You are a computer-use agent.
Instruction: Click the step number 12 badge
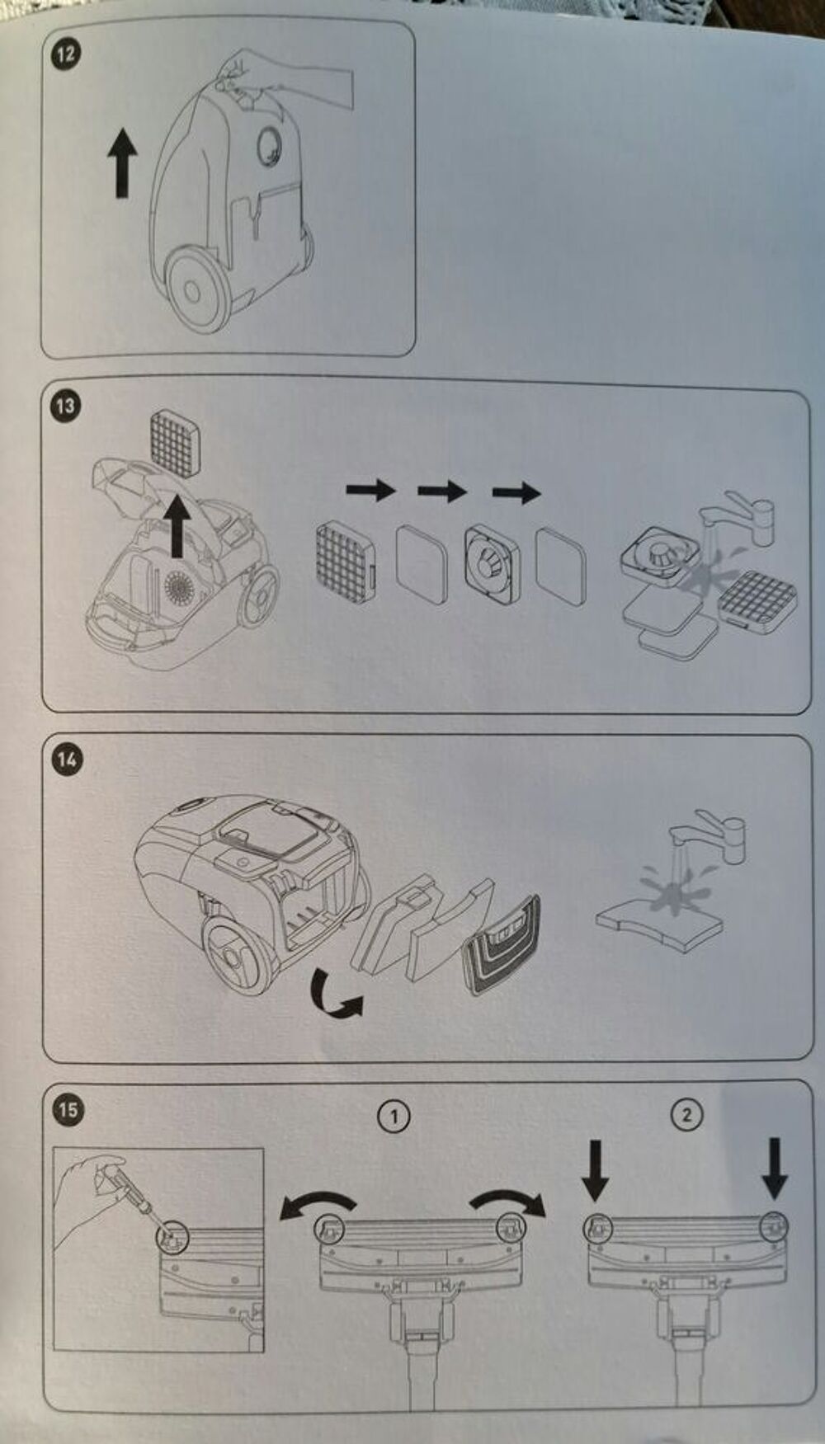tap(65, 55)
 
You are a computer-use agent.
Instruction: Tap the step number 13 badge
tap(65, 406)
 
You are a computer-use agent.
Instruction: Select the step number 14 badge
tap(66, 758)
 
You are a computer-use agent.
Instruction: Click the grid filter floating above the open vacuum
tap(177, 444)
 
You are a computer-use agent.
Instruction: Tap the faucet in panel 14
tap(709, 840)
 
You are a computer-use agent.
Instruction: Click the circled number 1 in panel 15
tap(394, 1117)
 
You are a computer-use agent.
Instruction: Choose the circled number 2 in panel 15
tap(687, 1116)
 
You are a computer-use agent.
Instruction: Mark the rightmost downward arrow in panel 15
tap(775, 1168)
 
